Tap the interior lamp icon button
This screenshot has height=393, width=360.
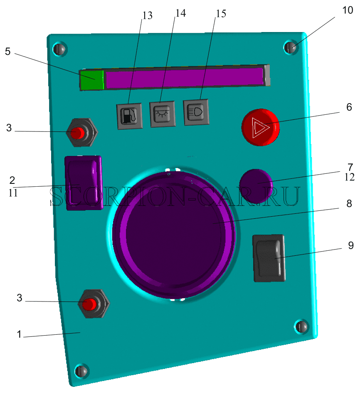coord(163,114)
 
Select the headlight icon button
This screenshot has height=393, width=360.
coord(196,112)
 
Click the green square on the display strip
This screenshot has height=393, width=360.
coord(92,80)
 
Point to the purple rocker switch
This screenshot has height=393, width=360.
coord(84,183)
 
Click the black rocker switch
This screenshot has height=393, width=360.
coord(269,258)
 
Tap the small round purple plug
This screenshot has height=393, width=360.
coord(256,186)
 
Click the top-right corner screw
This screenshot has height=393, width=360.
coord(291,47)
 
